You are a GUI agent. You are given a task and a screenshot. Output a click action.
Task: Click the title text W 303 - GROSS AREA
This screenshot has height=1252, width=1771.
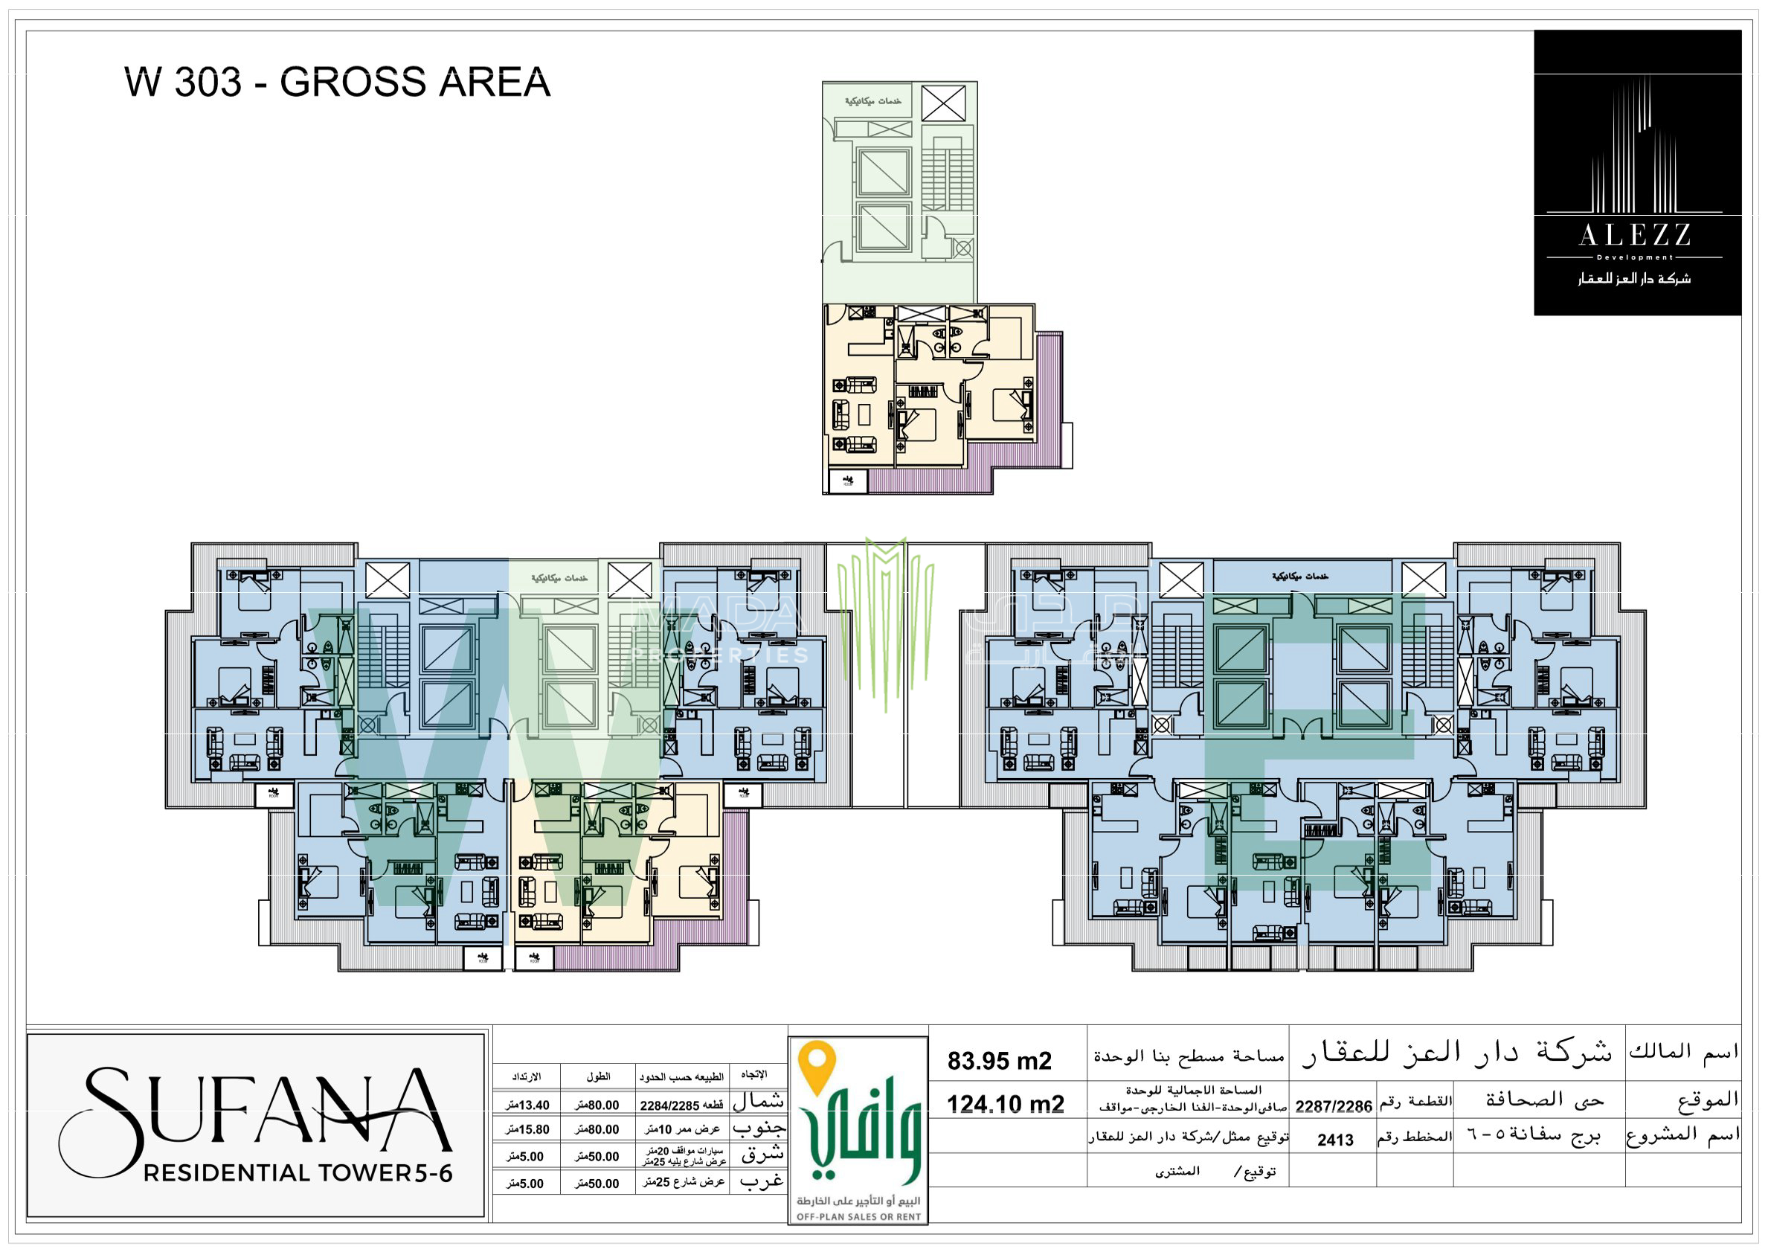(337, 83)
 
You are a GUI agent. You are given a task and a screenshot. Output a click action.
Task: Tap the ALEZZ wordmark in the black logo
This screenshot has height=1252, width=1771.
(1634, 235)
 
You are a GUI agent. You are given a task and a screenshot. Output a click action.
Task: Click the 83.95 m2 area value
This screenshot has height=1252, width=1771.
(999, 1061)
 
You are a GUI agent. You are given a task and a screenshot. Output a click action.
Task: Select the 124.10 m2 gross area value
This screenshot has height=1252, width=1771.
(1005, 1104)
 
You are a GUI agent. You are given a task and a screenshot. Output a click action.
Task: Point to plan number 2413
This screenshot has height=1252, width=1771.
(1334, 1140)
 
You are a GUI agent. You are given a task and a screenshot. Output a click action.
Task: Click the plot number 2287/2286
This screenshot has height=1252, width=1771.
(1333, 1106)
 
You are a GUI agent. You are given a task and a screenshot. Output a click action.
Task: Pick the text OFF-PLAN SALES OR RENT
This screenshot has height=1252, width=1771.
(858, 1216)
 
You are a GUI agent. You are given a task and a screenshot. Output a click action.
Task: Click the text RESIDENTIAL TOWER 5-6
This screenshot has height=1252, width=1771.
(298, 1172)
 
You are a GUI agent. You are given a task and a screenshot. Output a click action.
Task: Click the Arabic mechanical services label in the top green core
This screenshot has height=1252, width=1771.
(872, 101)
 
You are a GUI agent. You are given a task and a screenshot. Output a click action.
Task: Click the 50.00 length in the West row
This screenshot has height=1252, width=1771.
(597, 1184)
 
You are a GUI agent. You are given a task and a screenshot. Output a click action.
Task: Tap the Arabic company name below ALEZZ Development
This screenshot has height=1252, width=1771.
(1634, 278)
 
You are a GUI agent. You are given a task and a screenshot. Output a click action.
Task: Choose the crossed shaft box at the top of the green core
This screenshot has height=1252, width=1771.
(943, 103)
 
